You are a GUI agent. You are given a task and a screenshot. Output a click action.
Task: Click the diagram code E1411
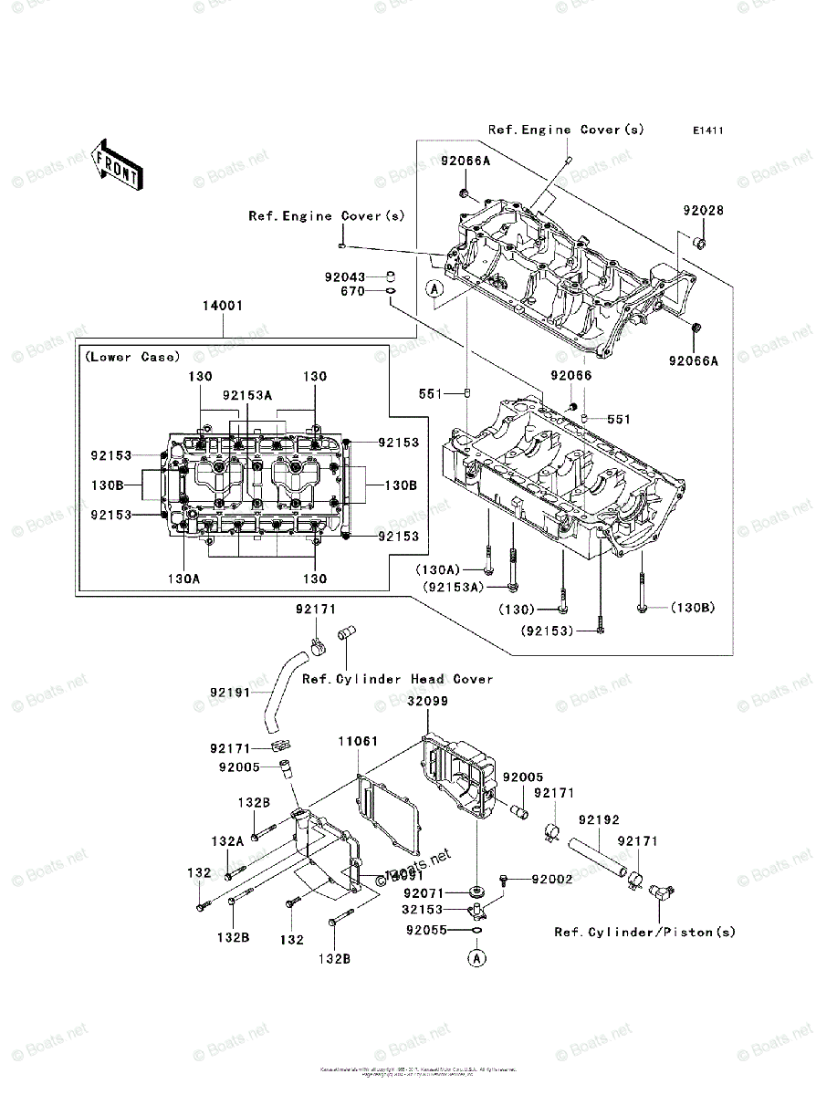tap(706, 131)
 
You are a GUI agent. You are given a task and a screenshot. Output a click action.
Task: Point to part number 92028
tap(703, 210)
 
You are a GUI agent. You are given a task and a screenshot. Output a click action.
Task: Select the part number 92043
tap(343, 276)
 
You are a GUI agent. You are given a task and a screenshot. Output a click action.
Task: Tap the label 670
tap(352, 291)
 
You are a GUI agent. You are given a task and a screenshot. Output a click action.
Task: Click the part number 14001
tap(222, 308)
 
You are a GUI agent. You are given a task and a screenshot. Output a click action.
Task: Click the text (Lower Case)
tap(133, 357)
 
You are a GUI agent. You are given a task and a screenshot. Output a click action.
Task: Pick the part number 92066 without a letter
tap(571, 375)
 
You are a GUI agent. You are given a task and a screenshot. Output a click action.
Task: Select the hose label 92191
tap(230, 693)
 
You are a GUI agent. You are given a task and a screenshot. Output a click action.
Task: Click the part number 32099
tap(428, 702)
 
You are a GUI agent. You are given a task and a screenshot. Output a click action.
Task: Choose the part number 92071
tap(423, 893)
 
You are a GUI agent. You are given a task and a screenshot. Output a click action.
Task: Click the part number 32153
tap(423, 910)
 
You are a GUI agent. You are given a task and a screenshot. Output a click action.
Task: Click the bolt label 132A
tap(228, 840)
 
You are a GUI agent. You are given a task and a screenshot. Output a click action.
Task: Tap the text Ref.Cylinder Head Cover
tap(397, 679)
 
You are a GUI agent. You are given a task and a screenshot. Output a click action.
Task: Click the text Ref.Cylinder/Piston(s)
tap(644, 932)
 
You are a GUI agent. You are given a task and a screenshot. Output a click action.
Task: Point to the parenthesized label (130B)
tap(695, 607)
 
